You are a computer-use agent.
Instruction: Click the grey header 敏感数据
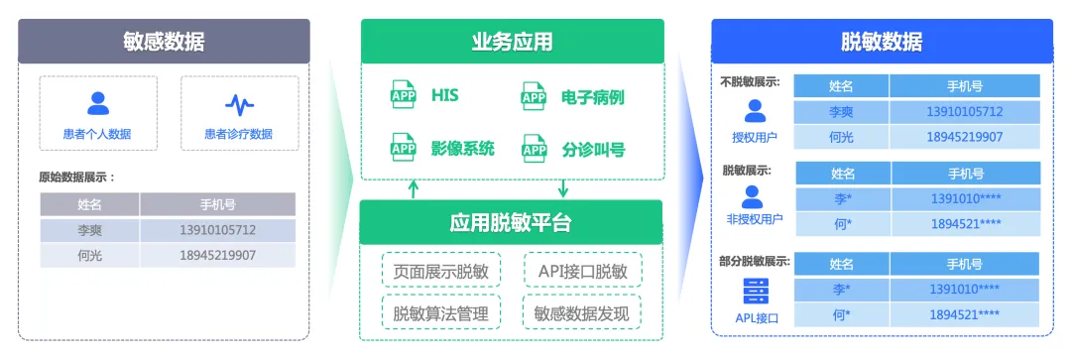pos(164,42)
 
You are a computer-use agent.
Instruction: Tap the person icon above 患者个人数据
pos(97,103)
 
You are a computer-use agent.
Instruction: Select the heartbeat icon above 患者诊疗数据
pos(239,103)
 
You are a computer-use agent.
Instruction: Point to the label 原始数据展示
pos(77,178)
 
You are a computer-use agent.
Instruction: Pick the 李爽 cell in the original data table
pos(89,230)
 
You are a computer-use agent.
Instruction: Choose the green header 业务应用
pos(512,41)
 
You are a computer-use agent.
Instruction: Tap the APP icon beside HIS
pos(404,96)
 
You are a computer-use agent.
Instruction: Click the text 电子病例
pos(593,97)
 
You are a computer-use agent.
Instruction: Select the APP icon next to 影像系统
pos(404,150)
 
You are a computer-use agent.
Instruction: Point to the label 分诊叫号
pos(593,151)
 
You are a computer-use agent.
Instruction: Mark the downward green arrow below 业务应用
pos(562,188)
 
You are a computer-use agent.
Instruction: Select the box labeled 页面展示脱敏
pos(439,271)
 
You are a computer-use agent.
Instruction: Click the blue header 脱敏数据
pos(881,42)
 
